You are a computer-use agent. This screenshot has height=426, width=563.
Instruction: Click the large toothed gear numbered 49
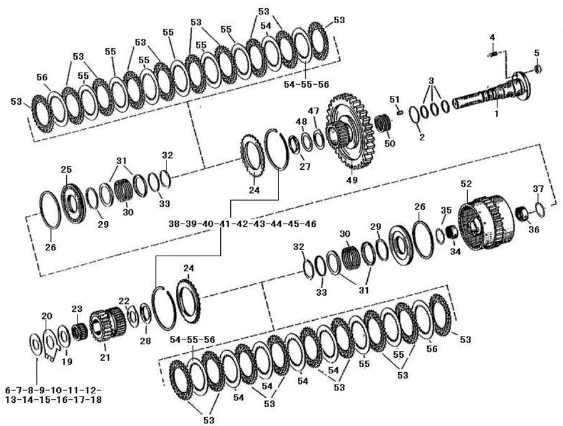click(350, 131)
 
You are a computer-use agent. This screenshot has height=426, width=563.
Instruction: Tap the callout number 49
click(352, 180)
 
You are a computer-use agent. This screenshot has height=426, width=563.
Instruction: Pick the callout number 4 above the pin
click(492, 37)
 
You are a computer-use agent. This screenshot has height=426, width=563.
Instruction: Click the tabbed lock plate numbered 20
click(49, 344)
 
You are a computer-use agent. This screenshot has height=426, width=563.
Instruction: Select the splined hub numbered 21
click(106, 325)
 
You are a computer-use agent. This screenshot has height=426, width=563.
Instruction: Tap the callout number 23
click(77, 309)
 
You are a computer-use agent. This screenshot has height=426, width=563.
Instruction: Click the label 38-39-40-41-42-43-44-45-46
click(242, 224)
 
